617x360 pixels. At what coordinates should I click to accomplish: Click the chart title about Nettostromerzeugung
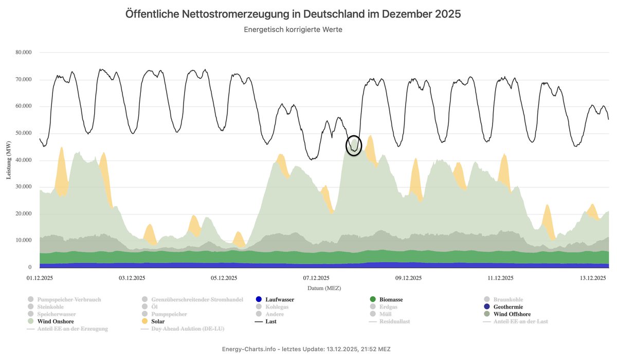[x=293, y=14]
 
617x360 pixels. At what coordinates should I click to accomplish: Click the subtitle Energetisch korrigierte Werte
[x=293, y=30]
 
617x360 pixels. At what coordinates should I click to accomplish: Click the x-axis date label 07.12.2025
[x=316, y=278]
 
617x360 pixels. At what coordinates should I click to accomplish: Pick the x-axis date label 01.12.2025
[x=40, y=278]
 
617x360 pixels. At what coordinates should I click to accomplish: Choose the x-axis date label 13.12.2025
[x=591, y=278]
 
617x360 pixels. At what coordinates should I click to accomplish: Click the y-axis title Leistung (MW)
[x=9, y=159]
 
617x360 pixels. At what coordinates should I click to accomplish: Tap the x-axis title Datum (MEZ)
[x=324, y=288]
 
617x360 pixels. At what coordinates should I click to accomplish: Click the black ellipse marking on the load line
[x=354, y=146]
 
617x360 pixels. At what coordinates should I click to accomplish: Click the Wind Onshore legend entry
[x=55, y=321]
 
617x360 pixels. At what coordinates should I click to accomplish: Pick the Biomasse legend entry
[x=390, y=299]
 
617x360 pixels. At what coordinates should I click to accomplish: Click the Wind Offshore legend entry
[x=512, y=314]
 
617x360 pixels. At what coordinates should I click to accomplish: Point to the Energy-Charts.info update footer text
[x=306, y=349]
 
